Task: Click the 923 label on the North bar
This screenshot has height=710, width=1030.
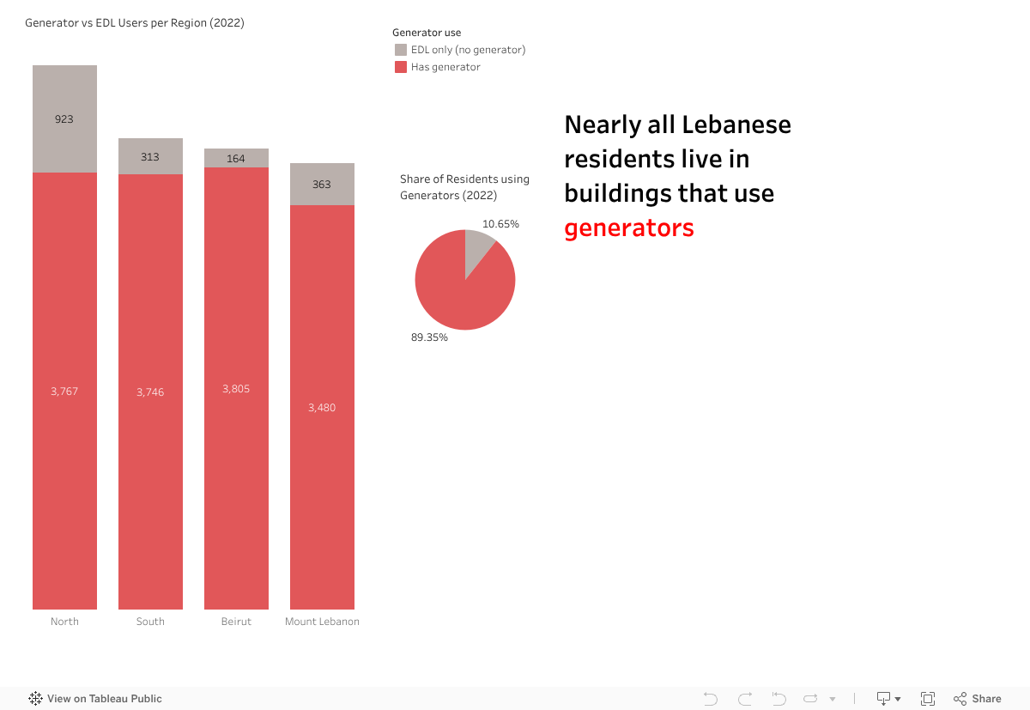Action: (x=64, y=119)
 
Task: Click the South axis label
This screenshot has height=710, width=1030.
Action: (x=150, y=622)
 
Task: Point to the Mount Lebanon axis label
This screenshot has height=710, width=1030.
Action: (x=322, y=622)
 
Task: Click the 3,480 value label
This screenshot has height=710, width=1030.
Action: (x=322, y=408)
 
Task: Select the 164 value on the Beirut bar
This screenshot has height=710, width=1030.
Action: (x=236, y=159)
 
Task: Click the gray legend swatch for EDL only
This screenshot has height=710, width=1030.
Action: (x=401, y=50)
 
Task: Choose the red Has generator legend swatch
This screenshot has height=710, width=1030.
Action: (x=401, y=67)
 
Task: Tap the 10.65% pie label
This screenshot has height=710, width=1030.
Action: (x=500, y=224)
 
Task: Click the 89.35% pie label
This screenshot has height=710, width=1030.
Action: (x=429, y=337)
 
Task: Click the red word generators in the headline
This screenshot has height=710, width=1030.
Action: (x=628, y=228)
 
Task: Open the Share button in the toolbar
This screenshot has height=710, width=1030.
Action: (x=978, y=699)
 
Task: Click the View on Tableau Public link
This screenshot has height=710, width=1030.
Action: (x=95, y=699)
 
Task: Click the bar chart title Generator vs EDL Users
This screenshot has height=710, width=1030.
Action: (x=135, y=23)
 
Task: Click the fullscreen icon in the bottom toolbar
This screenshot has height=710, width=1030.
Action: (x=928, y=699)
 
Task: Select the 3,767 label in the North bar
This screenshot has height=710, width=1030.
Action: (x=64, y=391)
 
